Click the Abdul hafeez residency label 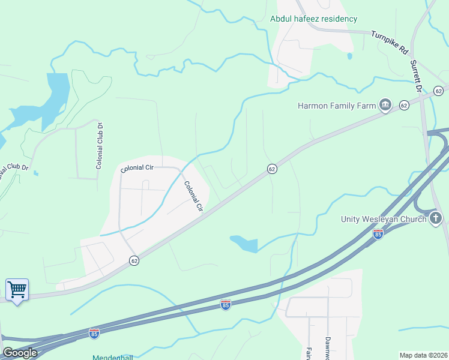(x=313, y=19)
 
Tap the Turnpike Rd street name (x=390, y=42)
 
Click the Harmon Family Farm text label (x=337, y=106)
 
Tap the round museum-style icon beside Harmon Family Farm (x=385, y=106)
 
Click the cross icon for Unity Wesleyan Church (x=436, y=219)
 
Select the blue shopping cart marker (x=17, y=290)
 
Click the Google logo (x=20, y=353)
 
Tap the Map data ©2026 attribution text (x=423, y=355)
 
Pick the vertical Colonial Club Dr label (x=100, y=146)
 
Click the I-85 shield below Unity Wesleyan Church (x=378, y=233)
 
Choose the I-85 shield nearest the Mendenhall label (x=94, y=333)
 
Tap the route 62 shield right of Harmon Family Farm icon (x=404, y=106)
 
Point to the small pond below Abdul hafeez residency (x=349, y=56)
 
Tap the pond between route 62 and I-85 (x=244, y=243)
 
